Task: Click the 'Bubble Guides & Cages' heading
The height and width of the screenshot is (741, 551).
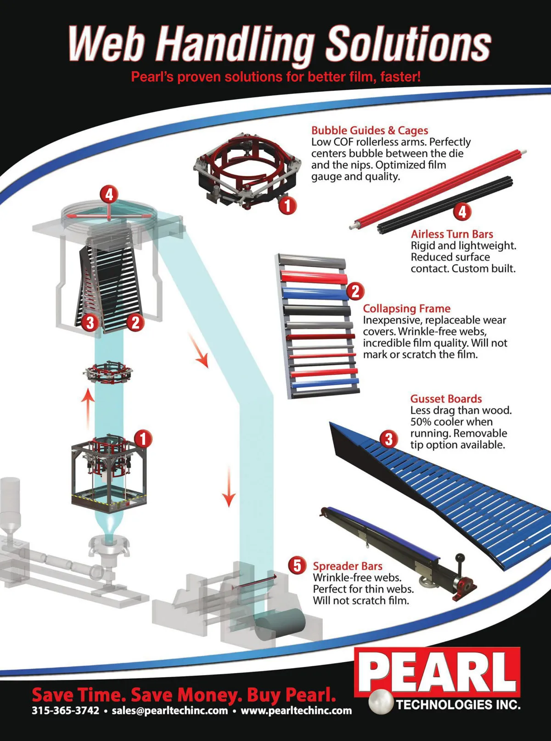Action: point(370,130)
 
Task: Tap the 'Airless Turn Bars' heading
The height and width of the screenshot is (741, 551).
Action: point(452,234)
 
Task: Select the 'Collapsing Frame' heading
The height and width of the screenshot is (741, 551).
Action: point(407,308)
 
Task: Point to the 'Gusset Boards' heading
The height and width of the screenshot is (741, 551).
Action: point(446,399)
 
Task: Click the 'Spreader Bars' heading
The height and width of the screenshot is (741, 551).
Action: point(347,566)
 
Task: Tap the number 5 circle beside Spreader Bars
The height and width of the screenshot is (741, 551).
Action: point(297,566)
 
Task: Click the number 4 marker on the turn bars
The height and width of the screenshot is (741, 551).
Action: point(462,211)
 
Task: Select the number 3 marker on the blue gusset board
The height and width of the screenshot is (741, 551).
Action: point(388,439)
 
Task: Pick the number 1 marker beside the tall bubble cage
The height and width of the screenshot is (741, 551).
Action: point(143,439)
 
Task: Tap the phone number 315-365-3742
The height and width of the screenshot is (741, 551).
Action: point(66,710)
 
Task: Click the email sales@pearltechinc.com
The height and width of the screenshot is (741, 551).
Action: point(169,710)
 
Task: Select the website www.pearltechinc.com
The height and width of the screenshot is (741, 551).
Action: point(296,710)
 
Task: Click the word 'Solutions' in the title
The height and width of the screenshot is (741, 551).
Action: point(408,45)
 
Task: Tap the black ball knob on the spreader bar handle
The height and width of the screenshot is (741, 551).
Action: point(461,557)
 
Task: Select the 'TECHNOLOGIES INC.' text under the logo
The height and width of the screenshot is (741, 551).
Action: point(459,705)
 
